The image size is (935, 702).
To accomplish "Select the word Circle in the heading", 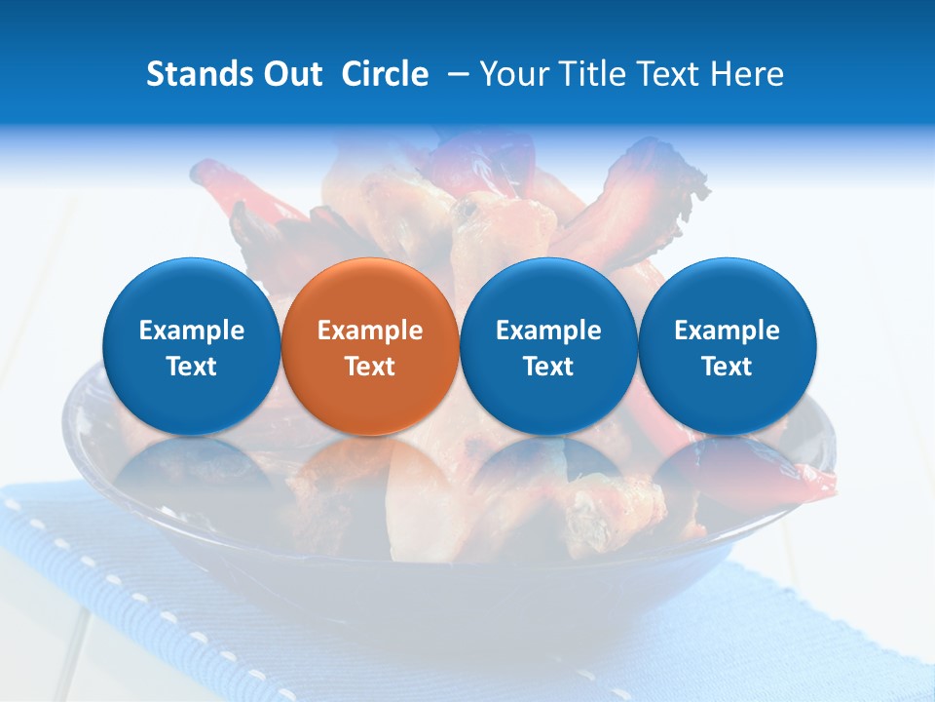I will pyautogui.click(x=385, y=74).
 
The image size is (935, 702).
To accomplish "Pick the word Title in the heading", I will pyautogui.click(x=584, y=74).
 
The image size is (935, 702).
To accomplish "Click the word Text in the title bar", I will pyautogui.click(x=661, y=74).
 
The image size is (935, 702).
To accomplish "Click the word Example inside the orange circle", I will pyautogui.click(x=370, y=331).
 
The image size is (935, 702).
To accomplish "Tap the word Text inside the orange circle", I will pyautogui.click(x=370, y=367).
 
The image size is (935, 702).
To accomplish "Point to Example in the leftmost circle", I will pyautogui.click(x=191, y=331).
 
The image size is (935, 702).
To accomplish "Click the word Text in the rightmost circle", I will pyautogui.click(x=728, y=367).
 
